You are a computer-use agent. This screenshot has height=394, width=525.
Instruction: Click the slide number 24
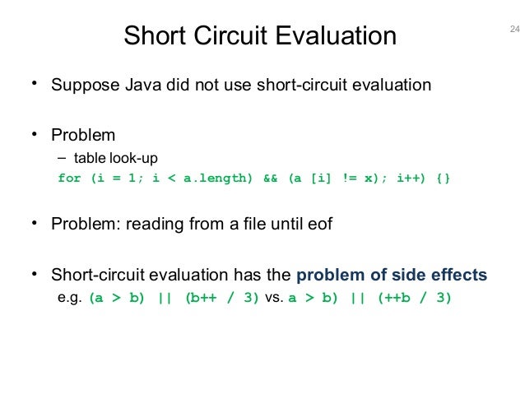coord(515,30)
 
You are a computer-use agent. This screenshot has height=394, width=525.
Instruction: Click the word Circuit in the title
coord(237,36)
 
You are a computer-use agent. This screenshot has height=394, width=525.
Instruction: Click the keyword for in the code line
coord(69,178)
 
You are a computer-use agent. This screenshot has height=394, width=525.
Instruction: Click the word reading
coord(156,225)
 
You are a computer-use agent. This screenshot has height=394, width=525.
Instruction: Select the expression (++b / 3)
coord(415,298)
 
